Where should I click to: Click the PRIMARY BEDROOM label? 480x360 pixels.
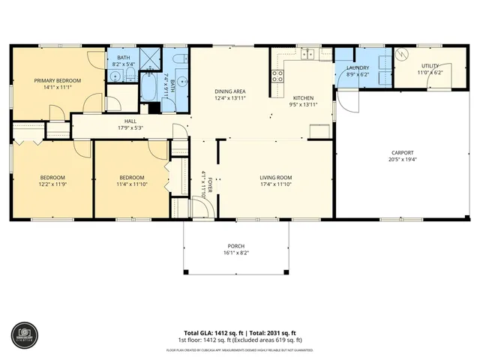[57, 80]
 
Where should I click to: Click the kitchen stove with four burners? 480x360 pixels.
[277, 75]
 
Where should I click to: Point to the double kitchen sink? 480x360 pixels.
[308, 55]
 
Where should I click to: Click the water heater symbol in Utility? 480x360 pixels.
[401, 55]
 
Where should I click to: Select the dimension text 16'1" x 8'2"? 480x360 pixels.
[236, 253]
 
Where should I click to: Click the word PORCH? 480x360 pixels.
[236, 246]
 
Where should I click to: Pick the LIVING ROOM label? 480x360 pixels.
[275, 177]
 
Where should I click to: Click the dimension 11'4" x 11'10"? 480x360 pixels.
[130, 184]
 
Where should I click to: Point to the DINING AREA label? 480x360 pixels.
[230, 91]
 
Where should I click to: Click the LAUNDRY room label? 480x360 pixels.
[357, 67]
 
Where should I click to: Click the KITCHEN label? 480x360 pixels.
[303, 98]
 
